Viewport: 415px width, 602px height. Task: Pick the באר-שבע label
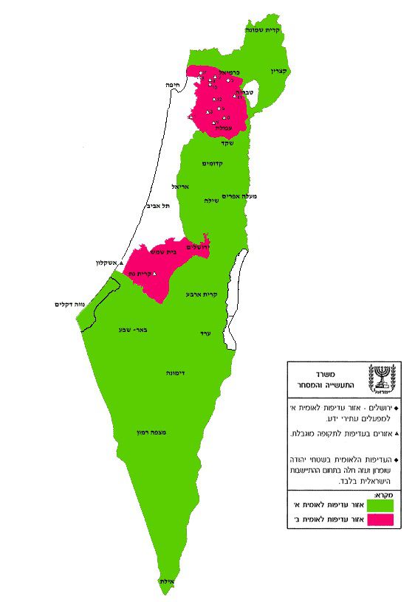point(128,329)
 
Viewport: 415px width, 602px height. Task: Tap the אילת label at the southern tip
point(166,581)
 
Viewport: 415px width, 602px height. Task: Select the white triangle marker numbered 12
point(214,99)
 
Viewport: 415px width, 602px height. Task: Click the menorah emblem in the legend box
point(382,377)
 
